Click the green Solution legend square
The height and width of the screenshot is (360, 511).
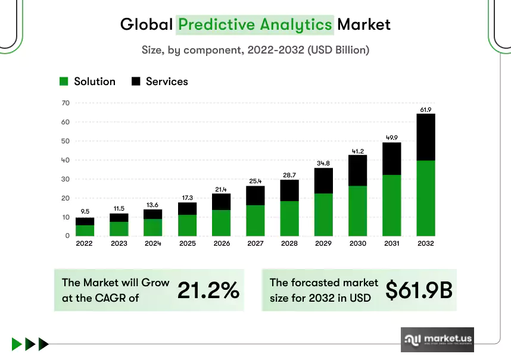tap(64, 82)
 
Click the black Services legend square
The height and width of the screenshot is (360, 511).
tap(136, 82)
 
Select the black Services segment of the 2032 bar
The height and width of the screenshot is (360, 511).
tap(426, 137)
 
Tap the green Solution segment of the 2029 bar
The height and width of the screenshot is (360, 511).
tap(323, 215)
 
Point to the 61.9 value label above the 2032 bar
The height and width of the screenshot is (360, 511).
tap(426, 109)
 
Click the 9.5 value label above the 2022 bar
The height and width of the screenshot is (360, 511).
tap(85, 211)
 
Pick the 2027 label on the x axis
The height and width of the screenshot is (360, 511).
tap(255, 243)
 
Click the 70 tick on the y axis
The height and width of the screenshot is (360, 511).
tap(66, 103)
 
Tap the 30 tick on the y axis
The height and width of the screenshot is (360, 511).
tap(66, 179)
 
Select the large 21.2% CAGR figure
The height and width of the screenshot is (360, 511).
tap(208, 290)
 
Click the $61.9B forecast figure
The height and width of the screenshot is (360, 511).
tap(419, 290)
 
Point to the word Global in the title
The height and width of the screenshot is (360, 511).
tap(147, 24)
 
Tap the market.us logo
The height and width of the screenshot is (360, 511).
tap(437, 340)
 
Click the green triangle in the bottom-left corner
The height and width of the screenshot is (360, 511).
tap(16, 344)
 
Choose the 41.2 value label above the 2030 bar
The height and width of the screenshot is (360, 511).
tap(358, 151)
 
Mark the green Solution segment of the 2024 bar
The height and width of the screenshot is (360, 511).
tap(153, 227)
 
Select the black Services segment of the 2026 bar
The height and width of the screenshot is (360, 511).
tap(222, 202)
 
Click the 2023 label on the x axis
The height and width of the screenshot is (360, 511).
tap(119, 243)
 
